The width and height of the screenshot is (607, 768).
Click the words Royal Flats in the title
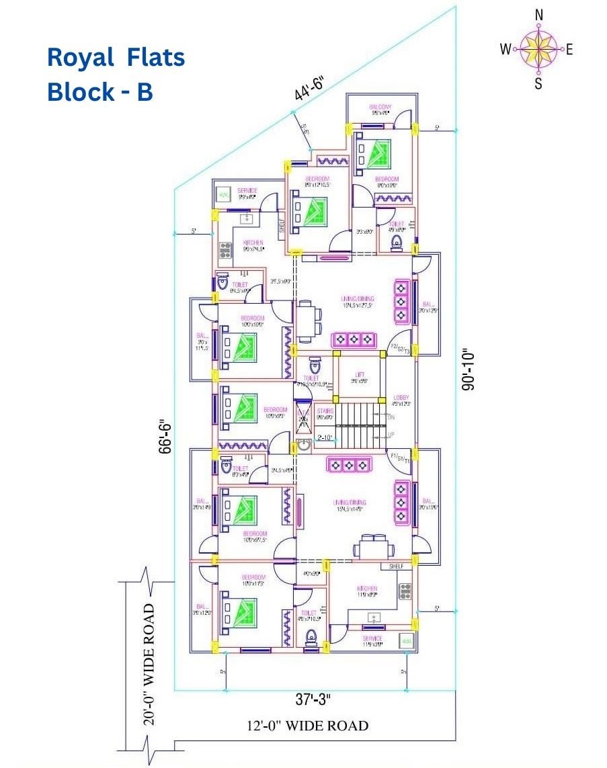tap(116, 58)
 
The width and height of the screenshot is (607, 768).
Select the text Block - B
tap(100, 92)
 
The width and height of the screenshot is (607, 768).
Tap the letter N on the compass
tap(538, 14)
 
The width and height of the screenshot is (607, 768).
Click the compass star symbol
tap(538, 48)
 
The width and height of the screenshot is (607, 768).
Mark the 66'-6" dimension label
tap(164, 438)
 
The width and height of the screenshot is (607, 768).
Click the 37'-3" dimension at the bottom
tap(313, 700)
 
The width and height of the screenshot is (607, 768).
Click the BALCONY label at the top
tap(380, 108)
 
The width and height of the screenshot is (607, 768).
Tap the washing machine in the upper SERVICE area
tap(223, 195)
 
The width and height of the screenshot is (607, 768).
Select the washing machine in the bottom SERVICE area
tap(406, 641)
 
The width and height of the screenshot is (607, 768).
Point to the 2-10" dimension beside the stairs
tap(325, 438)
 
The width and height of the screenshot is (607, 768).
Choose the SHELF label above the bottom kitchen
tap(396, 566)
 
